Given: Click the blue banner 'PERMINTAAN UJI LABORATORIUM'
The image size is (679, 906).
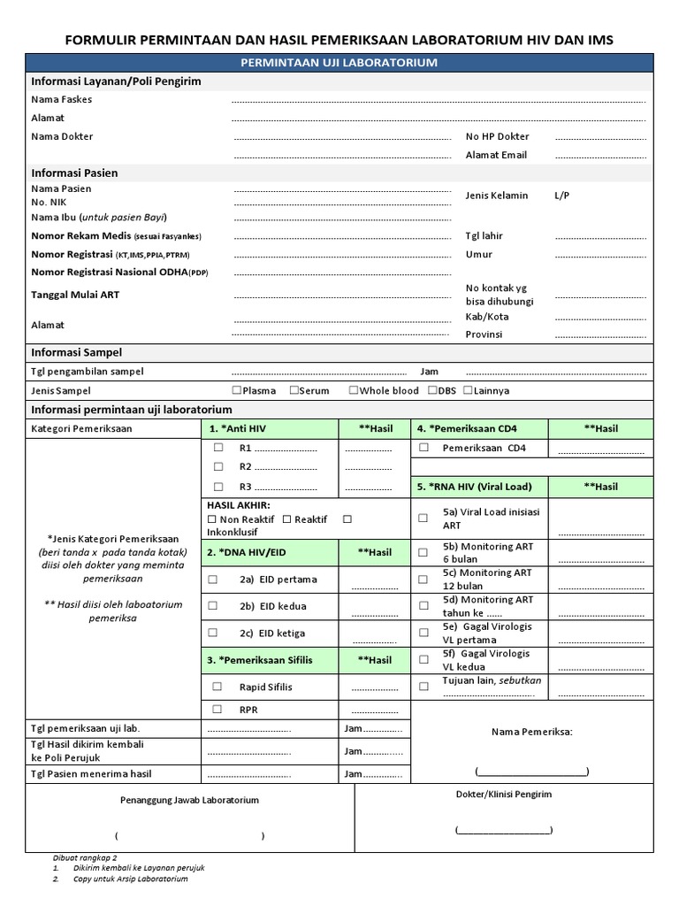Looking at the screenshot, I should pyautogui.click(x=339, y=63).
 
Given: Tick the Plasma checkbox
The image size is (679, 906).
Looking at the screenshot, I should pyautogui.click(x=236, y=390).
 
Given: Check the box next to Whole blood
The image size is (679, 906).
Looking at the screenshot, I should pyautogui.click(x=354, y=390).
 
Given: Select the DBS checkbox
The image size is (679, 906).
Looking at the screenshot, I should pyautogui.click(x=432, y=390).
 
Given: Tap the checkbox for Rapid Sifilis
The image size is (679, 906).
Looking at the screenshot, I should pyautogui.click(x=217, y=687).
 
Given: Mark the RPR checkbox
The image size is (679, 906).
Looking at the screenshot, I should pyautogui.click(x=217, y=710).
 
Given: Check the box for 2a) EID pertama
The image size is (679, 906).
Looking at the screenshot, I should pyautogui.click(x=213, y=580).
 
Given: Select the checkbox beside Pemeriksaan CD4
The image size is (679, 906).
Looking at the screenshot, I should pyautogui.click(x=424, y=448).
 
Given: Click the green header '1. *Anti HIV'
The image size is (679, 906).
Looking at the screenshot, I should pyautogui.click(x=270, y=428).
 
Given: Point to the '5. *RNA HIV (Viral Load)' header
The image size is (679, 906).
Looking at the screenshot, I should pyautogui.click(x=478, y=487).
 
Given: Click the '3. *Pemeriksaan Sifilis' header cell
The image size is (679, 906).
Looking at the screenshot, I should pyautogui.click(x=270, y=660).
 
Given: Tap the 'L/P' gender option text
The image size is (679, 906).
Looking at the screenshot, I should pyautogui.click(x=562, y=196).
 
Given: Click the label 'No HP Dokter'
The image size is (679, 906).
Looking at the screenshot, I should pyautogui.click(x=497, y=137).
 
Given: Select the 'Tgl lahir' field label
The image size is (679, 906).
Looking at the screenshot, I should pyautogui.click(x=484, y=236).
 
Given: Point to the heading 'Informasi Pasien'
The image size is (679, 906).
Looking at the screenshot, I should pyautogui.click(x=74, y=173).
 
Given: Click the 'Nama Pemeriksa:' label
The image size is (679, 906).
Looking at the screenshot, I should pyautogui.click(x=531, y=732).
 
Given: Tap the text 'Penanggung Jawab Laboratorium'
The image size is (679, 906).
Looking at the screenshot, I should pyautogui.click(x=189, y=800).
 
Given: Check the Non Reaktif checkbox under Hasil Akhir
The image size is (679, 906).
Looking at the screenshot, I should pyautogui.click(x=211, y=519).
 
